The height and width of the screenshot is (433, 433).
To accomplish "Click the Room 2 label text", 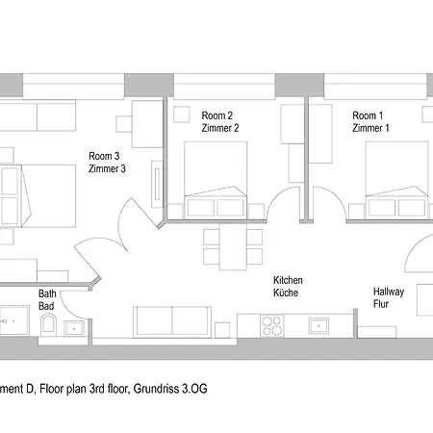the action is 217,115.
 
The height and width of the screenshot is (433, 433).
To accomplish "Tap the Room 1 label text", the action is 368,115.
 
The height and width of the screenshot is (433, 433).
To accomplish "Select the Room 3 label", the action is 104,156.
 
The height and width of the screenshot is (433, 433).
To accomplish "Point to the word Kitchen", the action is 288,280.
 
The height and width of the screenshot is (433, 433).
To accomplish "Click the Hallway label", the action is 389,292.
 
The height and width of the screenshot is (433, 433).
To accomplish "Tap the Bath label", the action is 47,293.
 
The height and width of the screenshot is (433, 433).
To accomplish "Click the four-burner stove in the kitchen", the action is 272,325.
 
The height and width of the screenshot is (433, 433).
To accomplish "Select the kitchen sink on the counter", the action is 318,325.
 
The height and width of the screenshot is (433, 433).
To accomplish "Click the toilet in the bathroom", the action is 48,324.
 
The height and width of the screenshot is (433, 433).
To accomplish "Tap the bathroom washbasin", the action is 74,328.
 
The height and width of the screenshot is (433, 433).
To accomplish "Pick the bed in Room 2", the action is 216,180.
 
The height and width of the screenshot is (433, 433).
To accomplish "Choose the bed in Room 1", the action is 397,180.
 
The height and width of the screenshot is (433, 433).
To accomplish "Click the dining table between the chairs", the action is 233,246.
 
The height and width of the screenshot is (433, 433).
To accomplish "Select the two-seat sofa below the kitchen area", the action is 172,322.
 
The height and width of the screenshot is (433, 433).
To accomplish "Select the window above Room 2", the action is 224,87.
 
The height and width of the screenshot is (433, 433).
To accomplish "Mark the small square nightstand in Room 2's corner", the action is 182,115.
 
